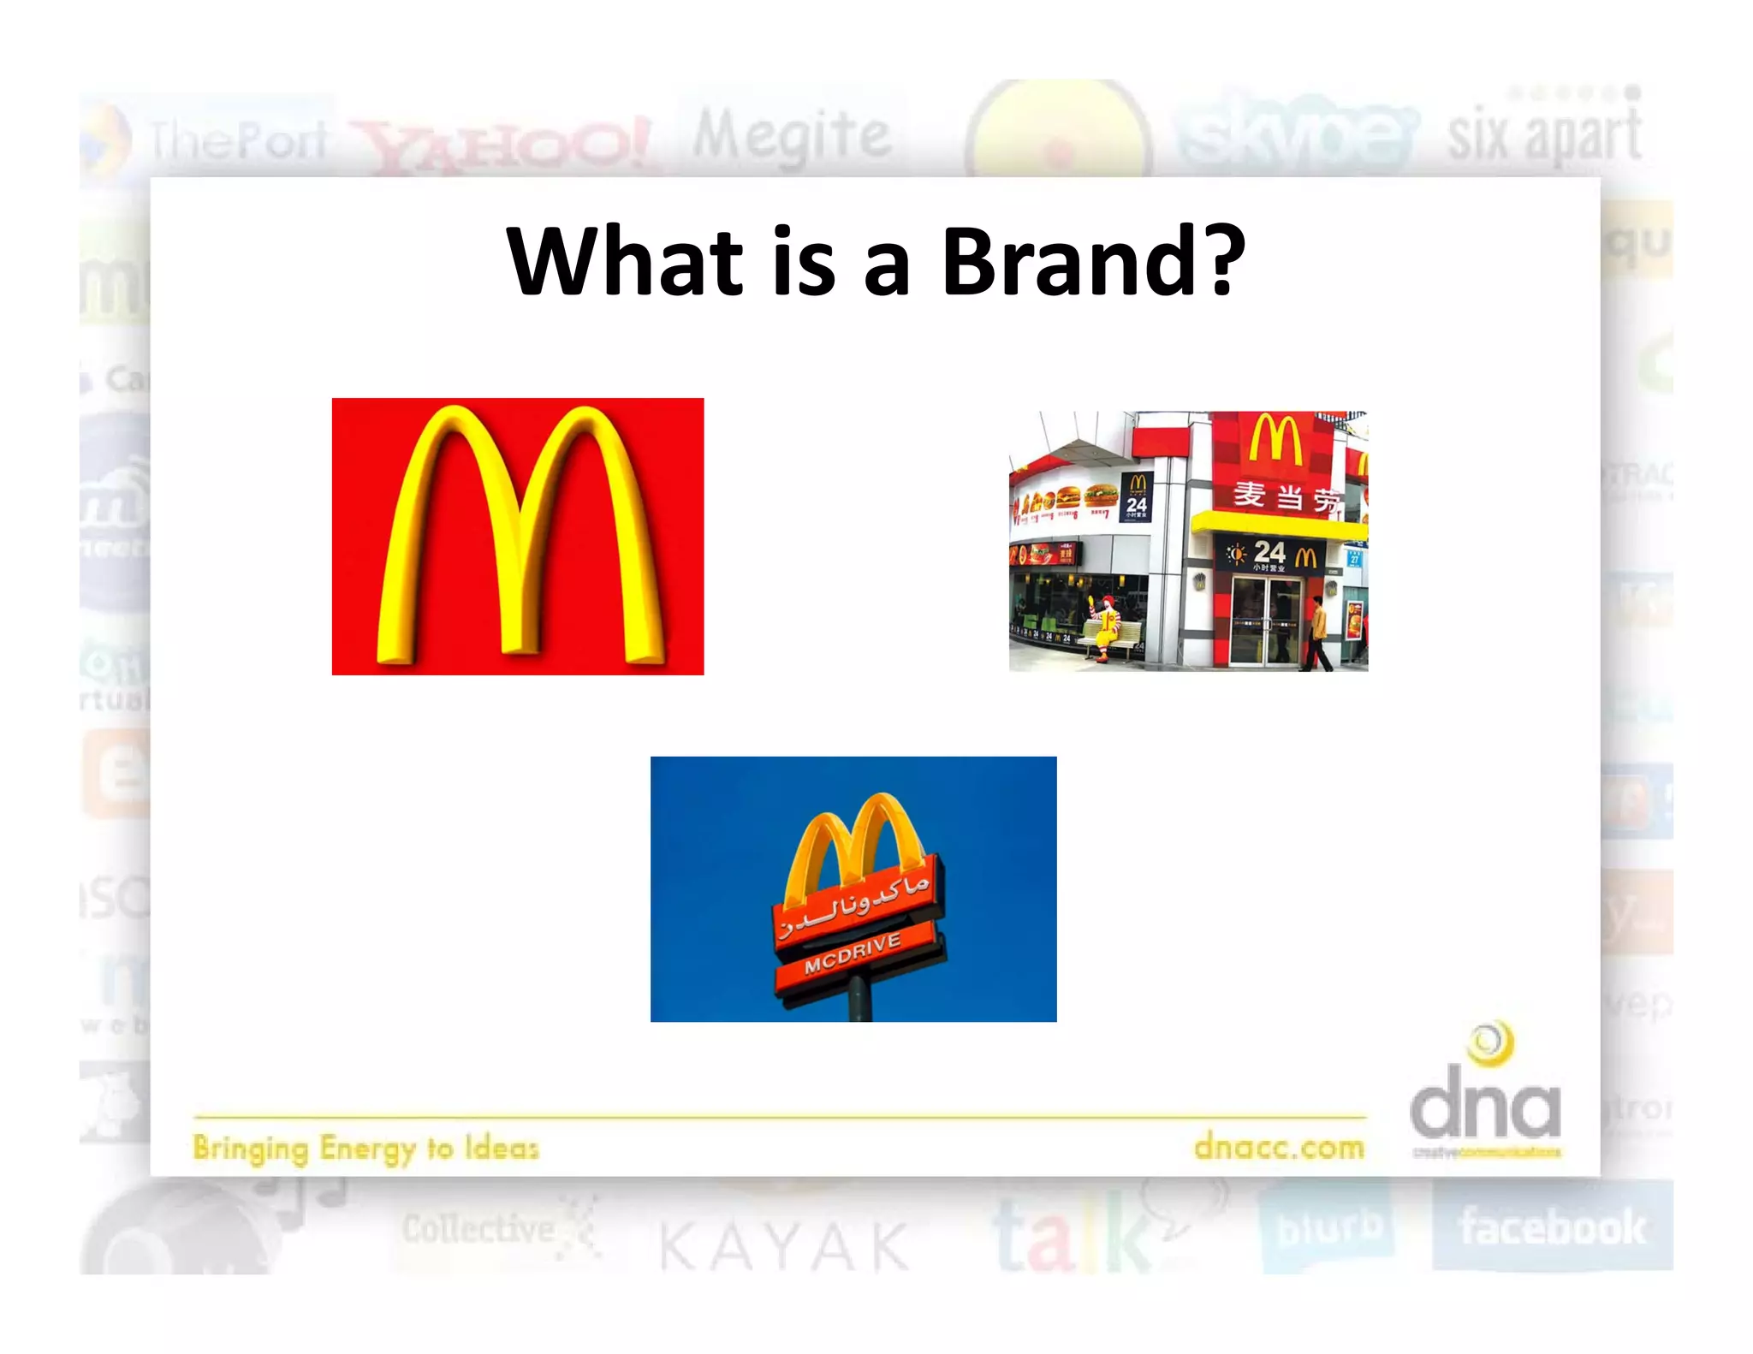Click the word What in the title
[624, 261]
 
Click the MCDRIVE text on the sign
[853, 953]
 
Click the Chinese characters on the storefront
[1285, 496]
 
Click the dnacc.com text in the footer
[1279, 1146]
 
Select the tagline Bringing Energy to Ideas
[366, 1148]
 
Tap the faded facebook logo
[1552, 1226]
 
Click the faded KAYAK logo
[784, 1246]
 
